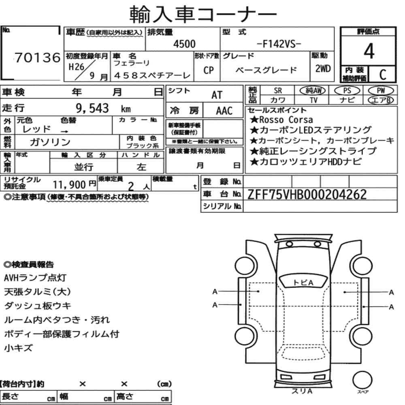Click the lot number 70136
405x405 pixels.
[37, 58]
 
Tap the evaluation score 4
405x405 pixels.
[369, 51]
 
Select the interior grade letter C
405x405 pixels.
[383, 75]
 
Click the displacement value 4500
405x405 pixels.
[184, 44]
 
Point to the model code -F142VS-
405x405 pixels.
[279, 44]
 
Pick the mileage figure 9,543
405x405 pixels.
[92, 108]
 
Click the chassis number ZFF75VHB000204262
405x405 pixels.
[307, 194]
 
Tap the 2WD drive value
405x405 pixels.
[323, 68]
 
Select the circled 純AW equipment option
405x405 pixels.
[313, 90]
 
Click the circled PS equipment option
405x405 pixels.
[347, 91]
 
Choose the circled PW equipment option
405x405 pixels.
[381, 90]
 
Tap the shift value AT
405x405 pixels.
[217, 95]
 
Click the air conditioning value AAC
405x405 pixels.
[224, 111]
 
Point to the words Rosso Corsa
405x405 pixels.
[286, 119]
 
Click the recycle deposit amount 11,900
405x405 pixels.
[69, 185]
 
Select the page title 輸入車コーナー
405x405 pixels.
[203, 14]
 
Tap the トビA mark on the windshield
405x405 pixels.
[303, 283]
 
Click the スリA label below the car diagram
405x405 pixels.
[302, 391]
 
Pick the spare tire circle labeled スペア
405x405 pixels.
[362, 380]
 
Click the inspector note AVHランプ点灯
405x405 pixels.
[35, 278]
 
